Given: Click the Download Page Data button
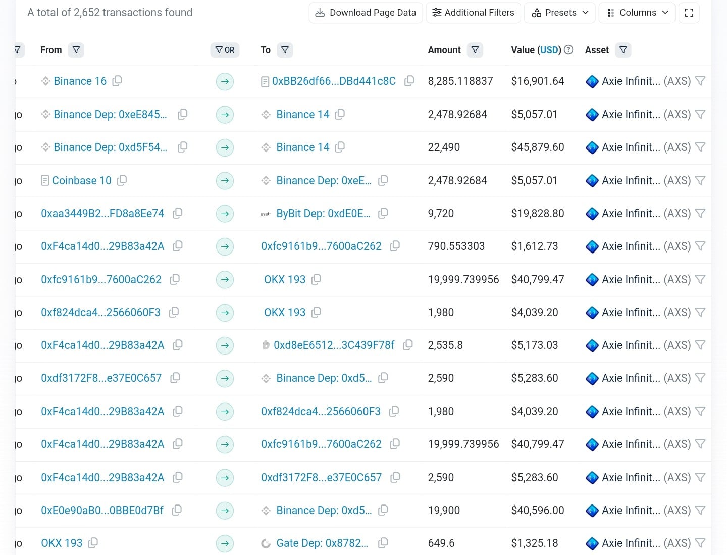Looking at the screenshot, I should [x=366, y=13].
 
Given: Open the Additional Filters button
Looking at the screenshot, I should [x=473, y=13].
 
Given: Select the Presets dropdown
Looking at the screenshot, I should [x=560, y=13].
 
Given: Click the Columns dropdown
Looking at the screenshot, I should [x=638, y=13].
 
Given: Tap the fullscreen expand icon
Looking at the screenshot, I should [x=689, y=13].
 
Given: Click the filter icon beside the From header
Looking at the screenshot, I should [x=76, y=50].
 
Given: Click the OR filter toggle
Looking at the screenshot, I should [x=225, y=50].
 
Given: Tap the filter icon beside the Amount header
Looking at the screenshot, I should [x=475, y=50].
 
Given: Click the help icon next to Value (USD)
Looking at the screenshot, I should [x=568, y=49].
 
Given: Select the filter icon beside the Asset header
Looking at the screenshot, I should [x=623, y=50].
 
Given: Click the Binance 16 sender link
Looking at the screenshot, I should [x=80, y=81].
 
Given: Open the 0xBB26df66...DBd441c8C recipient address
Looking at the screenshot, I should [x=333, y=81].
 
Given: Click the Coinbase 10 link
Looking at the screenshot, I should [x=81, y=181].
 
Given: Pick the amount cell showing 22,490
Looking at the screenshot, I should [x=444, y=147].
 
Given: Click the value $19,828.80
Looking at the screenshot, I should [x=537, y=214].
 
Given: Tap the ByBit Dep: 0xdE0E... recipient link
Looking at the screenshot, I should [x=323, y=214].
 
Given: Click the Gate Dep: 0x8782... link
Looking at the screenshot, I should [x=322, y=543].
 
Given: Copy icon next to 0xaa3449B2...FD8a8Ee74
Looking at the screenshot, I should [x=177, y=214].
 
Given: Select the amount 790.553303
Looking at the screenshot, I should [x=456, y=246].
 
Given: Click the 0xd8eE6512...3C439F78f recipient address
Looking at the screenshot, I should [x=334, y=345].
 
